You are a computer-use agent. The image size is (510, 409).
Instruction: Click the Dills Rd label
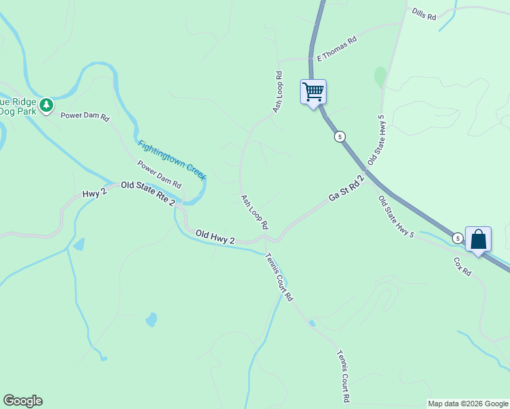[423, 14]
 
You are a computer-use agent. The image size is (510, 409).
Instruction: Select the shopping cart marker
[313, 91]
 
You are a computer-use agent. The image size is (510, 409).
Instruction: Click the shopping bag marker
[478, 239]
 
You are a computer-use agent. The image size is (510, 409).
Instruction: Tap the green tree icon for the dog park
[46, 105]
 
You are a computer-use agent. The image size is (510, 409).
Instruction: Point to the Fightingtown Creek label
[172, 160]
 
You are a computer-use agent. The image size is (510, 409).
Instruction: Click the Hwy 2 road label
[95, 193]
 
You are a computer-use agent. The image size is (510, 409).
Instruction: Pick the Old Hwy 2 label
[215, 237]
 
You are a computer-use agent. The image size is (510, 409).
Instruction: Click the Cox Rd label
[462, 266]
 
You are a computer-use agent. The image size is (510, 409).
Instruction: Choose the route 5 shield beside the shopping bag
[457, 238]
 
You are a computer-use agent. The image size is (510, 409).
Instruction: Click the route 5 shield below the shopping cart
[340, 136]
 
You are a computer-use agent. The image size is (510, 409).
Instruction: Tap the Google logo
[22, 401]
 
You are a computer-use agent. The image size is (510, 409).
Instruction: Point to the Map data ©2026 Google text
[468, 404]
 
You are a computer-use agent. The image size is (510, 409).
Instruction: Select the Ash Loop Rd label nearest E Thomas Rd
[277, 91]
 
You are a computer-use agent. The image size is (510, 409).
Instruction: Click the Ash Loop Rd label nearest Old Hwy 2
[254, 211]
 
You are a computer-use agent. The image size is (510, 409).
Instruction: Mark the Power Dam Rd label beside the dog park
[85, 117]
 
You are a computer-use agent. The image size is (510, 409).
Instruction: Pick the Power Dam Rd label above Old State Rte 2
[159, 175]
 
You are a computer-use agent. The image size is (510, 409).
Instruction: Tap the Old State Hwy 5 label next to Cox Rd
[396, 216]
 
